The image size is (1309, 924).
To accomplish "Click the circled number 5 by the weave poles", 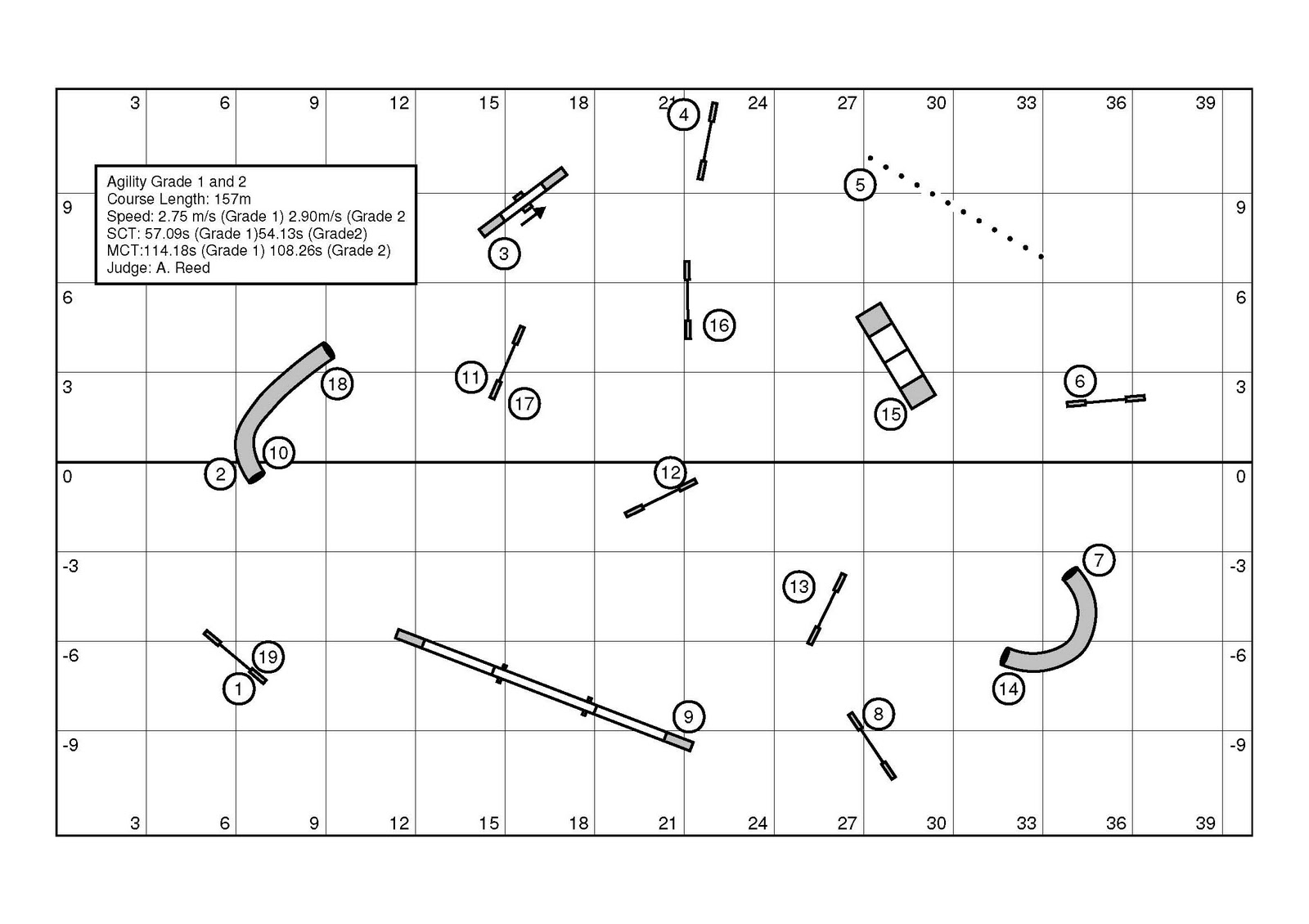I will tap(860, 185).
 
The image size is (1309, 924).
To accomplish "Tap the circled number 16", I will tap(719, 325).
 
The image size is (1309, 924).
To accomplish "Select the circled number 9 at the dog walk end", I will tap(688, 717).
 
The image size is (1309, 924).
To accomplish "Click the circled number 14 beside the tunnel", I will tap(1008, 689).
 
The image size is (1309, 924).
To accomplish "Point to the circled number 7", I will tap(1099, 560).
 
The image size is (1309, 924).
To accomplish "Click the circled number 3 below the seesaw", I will tap(504, 253).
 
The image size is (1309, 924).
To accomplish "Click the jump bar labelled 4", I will tap(708, 141).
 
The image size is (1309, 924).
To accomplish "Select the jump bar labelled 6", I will tap(1105, 400).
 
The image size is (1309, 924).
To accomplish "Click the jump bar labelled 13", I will tap(827, 609).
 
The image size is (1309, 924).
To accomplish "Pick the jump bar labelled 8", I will tap(871, 745).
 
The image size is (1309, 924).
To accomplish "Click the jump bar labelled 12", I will tap(660, 498).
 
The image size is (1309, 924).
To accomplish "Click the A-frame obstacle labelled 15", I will tap(896, 355).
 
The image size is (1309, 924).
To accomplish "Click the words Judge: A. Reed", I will tap(159, 268).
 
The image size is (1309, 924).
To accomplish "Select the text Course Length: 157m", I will tap(179, 199).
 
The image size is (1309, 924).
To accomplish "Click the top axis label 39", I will tap(1205, 103).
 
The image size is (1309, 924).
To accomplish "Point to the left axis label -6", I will tap(70, 656).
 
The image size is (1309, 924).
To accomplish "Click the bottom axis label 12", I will tap(399, 823).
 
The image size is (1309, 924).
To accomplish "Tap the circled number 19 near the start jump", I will tap(268, 657).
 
